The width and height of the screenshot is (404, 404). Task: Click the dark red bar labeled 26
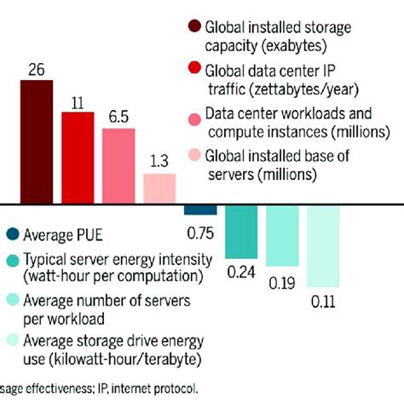[x=36, y=141]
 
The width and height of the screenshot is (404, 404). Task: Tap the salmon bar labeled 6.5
[x=118, y=166]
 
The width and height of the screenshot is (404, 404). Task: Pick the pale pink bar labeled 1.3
[x=159, y=188]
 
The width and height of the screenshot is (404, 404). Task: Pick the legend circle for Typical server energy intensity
[x=13, y=261]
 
